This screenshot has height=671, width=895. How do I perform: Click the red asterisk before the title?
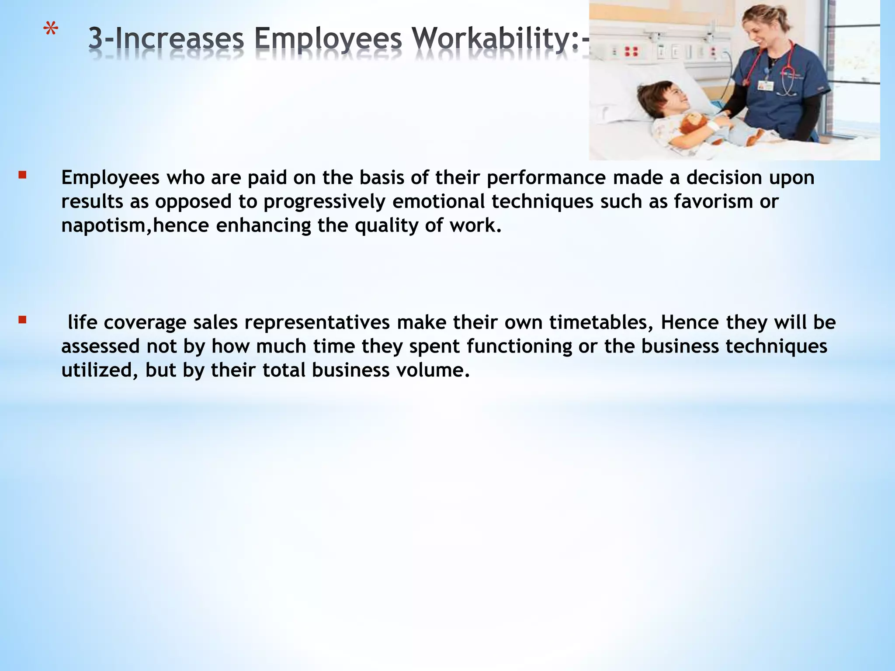coord(51,32)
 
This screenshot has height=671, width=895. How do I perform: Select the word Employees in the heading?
coord(328,38)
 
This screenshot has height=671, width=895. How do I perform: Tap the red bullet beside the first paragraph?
coord(22,176)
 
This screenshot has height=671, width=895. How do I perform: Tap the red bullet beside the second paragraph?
coord(22,320)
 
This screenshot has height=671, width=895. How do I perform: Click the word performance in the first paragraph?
coord(546,178)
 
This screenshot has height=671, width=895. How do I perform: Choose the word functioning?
coord(519,346)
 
